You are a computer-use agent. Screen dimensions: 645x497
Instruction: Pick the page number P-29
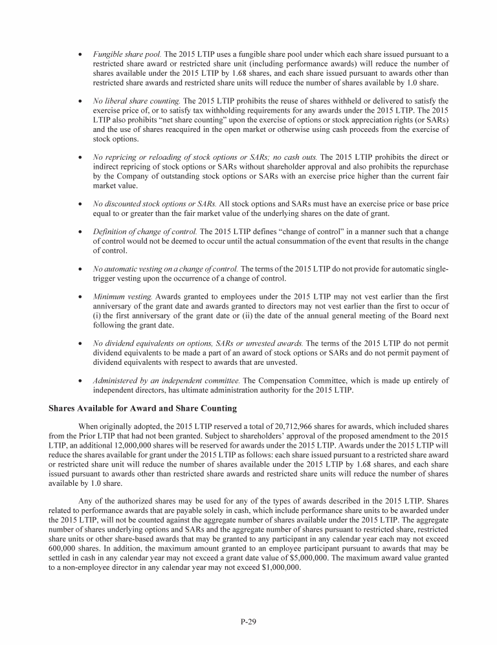[248, 622]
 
